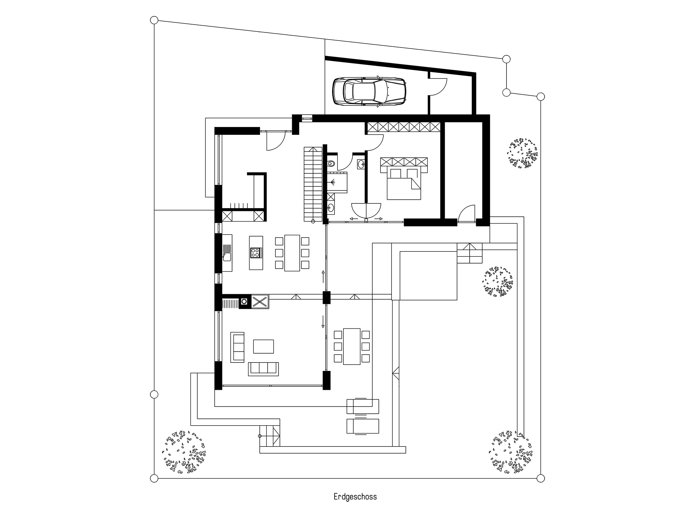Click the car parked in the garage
[369, 91]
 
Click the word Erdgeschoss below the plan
[355, 497]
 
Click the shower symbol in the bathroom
[338, 183]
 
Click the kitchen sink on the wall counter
[227, 257]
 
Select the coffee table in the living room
[263, 346]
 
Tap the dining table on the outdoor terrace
[352, 346]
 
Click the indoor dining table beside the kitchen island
[292, 253]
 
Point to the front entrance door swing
[275, 142]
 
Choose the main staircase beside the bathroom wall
[313, 184]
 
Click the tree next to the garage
[522, 153]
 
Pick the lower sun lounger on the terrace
[363, 426]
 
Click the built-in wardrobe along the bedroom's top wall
[403, 127]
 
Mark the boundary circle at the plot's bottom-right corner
[540, 478]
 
